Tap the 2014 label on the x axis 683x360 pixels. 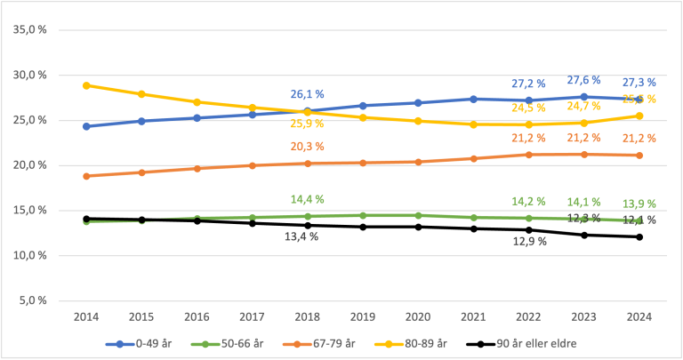pos(86,316)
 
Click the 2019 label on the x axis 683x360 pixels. pos(363,316)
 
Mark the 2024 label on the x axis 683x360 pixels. pos(639,316)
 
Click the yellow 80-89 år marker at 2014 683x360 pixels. pos(86,85)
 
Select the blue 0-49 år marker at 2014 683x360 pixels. pos(86,126)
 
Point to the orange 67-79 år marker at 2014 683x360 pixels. pos(86,176)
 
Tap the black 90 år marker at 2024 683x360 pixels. pos(639,236)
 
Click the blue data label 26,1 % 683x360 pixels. pos(307,94)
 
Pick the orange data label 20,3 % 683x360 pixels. pos(307,147)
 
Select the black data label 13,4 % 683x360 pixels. pos(301,236)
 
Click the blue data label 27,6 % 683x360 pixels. pos(583,80)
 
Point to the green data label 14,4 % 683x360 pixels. pos(307,199)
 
